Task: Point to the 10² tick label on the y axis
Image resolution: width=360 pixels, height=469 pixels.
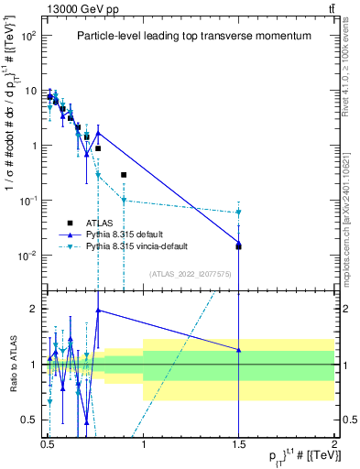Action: point(27,36)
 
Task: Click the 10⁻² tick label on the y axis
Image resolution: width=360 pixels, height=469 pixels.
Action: point(27,255)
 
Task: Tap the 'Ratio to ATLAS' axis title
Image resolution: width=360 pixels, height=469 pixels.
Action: point(13,365)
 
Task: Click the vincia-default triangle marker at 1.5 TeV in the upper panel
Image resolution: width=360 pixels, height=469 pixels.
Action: point(238,212)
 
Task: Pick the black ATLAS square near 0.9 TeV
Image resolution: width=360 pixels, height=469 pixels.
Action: point(124,174)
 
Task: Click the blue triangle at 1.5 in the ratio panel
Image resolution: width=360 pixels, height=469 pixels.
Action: point(238,350)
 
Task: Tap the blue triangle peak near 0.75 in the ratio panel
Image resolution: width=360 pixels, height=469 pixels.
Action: point(98,310)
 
